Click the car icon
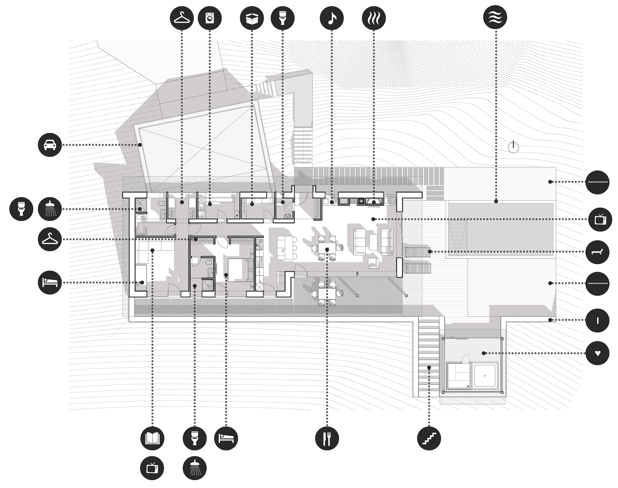click(x=50, y=145)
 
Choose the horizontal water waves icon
click(x=495, y=17)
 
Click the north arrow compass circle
click(x=513, y=147)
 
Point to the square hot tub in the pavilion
click(x=485, y=376)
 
